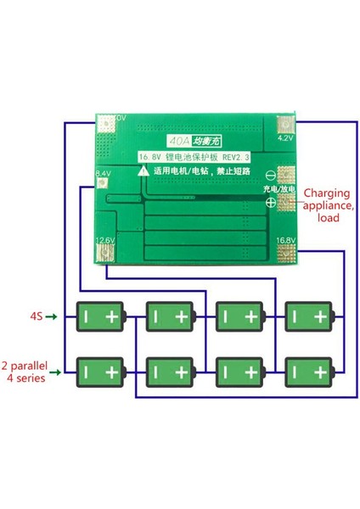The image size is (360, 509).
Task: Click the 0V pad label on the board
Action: click(x=120, y=117)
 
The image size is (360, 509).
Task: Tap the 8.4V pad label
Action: click(x=104, y=173)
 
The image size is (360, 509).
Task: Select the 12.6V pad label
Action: click(x=105, y=240)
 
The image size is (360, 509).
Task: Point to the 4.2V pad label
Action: click(x=286, y=137)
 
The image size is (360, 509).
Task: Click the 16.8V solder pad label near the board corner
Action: click(x=285, y=240)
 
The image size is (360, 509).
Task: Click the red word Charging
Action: click(x=323, y=192)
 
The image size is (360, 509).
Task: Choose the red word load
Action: click(x=327, y=218)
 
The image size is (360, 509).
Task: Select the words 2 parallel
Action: click(x=34, y=364)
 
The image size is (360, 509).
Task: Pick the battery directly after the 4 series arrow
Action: click(x=101, y=371)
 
